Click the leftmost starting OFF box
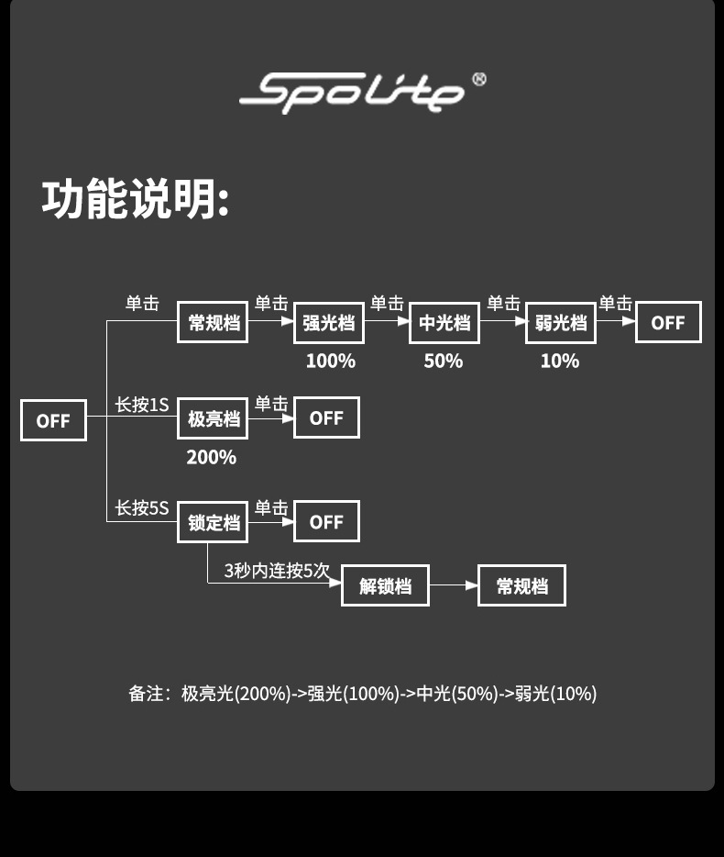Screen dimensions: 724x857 point(53,420)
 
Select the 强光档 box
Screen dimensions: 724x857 point(329,323)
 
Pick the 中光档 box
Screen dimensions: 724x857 point(444,323)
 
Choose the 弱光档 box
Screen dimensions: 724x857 point(561,323)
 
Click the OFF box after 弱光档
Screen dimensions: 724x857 point(668,322)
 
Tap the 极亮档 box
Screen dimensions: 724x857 point(213,418)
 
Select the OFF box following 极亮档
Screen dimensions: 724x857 point(326,417)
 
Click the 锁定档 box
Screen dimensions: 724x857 point(213,522)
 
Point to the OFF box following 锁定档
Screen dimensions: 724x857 point(326,521)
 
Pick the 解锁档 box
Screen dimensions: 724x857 point(385,585)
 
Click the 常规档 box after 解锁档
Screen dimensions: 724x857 point(521,585)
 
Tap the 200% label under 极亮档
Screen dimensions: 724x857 point(212,457)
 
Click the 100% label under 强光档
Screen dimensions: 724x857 point(330,361)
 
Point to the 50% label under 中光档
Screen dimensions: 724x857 point(444,361)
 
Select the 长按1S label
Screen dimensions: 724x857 point(142,405)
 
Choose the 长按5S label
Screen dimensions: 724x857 point(142,507)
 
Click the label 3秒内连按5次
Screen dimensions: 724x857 point(277,570)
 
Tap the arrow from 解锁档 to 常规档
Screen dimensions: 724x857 point(454,585)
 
